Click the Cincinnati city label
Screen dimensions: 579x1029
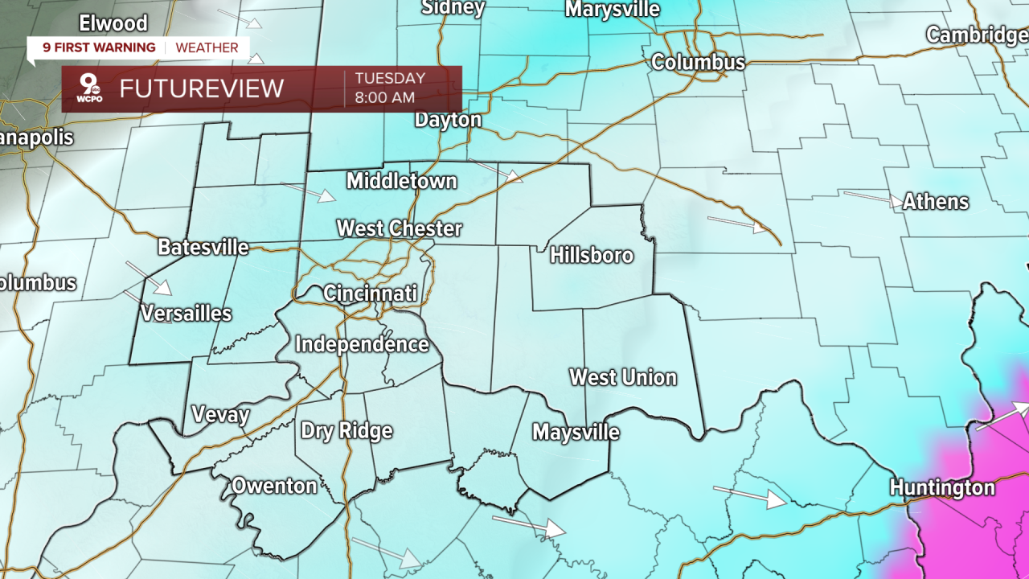click(x=371, y=294)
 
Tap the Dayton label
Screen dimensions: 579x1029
click(x=448, y=120)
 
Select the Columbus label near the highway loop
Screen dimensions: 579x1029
click(x=698, y=62)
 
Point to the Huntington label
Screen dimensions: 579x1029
click(x=941, y=487)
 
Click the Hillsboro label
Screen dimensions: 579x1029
click(x=592, y=256)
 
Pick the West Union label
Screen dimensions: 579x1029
click(x=623, y=377)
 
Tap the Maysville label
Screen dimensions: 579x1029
click(x=576, y=433)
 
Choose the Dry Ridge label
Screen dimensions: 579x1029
click(x=346, y=430)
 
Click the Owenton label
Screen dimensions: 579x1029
click(x=274, y=486)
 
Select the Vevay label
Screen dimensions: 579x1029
click(x=220, y=415)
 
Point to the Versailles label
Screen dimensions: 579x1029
click(x=186, y=314)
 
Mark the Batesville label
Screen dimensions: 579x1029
click(x=203, y=247)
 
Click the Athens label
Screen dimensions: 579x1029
click(x=935, y=202)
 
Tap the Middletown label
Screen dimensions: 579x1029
click(x=401, y=181)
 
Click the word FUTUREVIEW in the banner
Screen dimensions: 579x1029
click(x=202, y=88)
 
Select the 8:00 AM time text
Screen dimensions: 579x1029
click(x=385, y=98)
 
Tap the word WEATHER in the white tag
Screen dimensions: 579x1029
click(x=207, y=47)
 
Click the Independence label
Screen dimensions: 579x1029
click(x=362, y=344)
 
